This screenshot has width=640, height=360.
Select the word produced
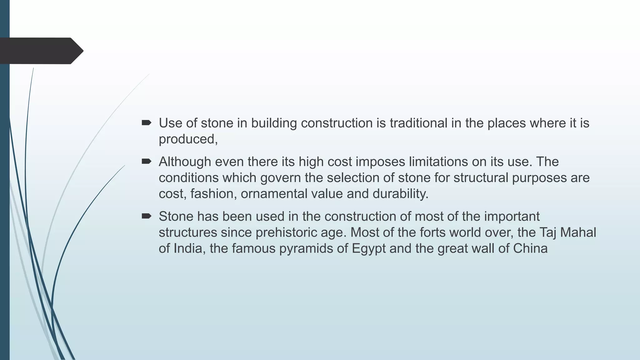point(188,139)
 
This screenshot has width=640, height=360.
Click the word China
point(530,249)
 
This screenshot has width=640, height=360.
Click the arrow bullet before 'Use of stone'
point(146,123)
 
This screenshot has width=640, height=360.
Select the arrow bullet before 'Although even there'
point(146,162)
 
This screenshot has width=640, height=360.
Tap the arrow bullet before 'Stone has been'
point(146,216)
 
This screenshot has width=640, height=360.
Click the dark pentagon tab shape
point(41,51)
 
